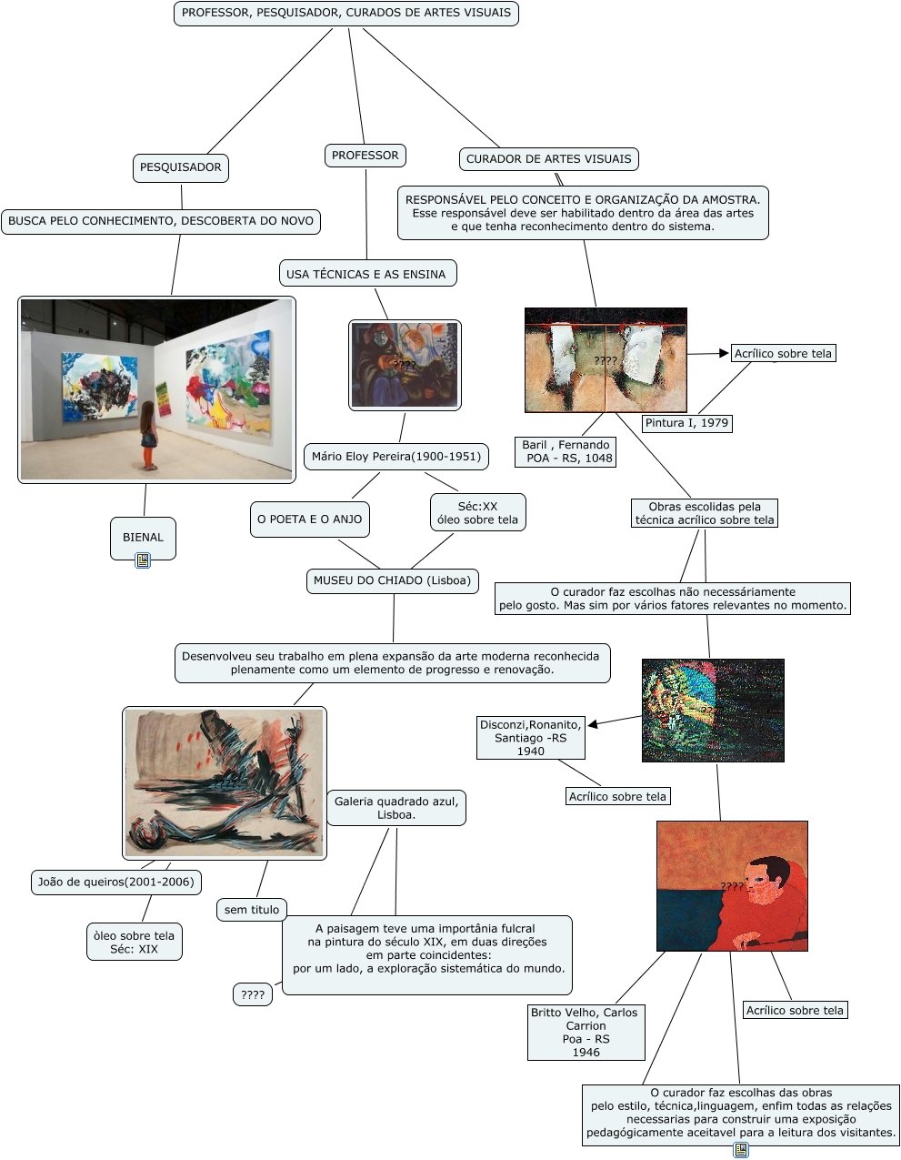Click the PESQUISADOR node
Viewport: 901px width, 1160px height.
click(x=180, y=167)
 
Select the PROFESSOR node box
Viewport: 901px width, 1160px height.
click(x=365, y=156)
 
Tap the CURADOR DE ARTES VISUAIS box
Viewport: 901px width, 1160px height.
click(x=548, y=159)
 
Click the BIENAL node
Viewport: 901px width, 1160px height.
click(x=143, y=537)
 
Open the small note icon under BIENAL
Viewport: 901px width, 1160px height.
click(x=143, y=560)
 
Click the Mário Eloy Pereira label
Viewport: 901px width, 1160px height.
click(x=395, y=457)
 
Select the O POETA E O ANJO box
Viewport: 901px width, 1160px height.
click(x=309, y=519)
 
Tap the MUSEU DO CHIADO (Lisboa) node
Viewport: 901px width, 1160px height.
click(x=393, y=580)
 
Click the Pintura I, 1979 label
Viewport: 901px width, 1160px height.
click(x=686, y=423)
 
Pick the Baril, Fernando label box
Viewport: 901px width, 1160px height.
click(x=566, y=451)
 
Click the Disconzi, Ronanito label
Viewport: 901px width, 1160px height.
click(x=530, y=738)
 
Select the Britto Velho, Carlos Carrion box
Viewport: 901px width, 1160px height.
click(x=586, y=1032)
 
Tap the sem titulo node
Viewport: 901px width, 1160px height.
click(x=252, y=910)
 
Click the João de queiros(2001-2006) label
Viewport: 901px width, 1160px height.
click(x=115, y=882)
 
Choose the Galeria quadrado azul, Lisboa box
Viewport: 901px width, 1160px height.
click(x=395, y=808)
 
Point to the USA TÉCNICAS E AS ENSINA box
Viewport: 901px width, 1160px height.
click(x=365, y=274)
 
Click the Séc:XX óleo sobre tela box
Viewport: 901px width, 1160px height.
click(x=477, y=513)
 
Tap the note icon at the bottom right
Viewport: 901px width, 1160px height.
click(x=741, y=1150)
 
